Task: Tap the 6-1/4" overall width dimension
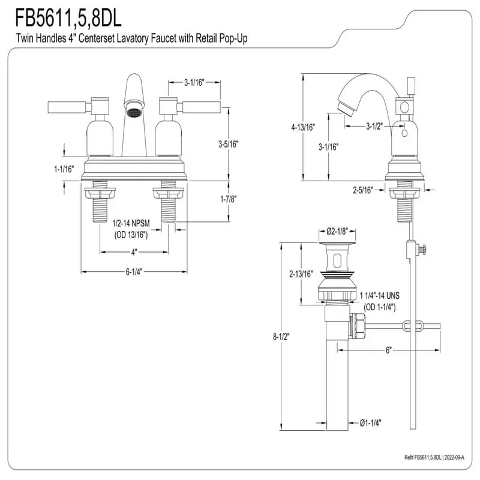point(134,272)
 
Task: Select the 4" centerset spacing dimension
point(134,251)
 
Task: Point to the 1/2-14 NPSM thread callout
point(131,224)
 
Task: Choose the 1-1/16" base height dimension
point(63,169)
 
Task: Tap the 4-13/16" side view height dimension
point(302,127)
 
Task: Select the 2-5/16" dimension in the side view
point(363,190)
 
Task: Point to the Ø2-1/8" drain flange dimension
point(337,231)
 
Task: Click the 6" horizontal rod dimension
point(388,350)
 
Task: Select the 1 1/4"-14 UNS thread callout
point(380,296)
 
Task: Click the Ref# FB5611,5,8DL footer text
point(434,458)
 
